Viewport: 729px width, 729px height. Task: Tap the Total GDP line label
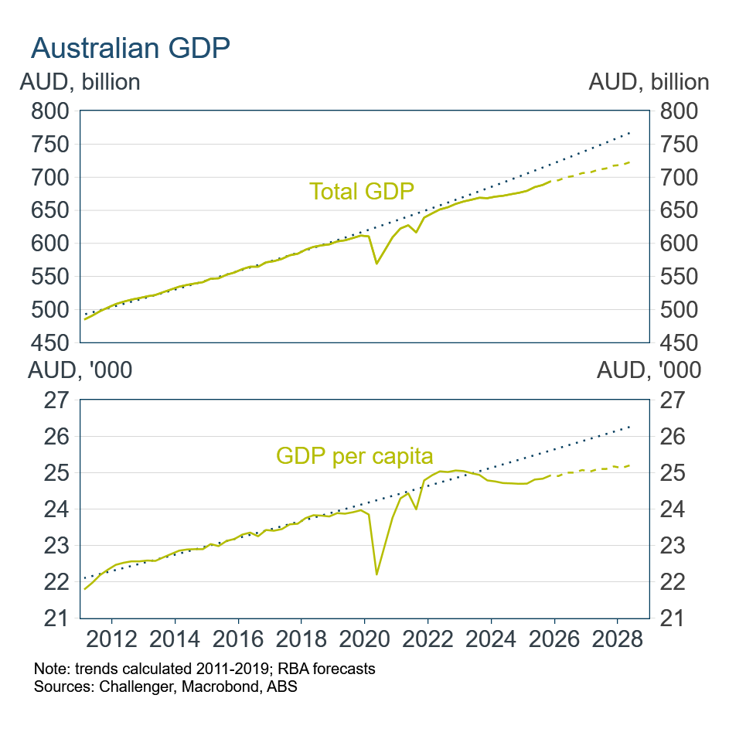(x=361, y=190)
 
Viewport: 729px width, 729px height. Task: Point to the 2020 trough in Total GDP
(x=376, y=264)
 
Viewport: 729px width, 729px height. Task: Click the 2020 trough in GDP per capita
(x=376, y=574)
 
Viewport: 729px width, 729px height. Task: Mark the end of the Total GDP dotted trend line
(x=631, y=133)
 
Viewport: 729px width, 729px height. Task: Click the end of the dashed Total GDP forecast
(x=631, y=162)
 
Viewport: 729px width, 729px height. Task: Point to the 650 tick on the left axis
(x=53, y=210)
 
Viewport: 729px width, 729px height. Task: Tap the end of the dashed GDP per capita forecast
(x=631, y=465)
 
